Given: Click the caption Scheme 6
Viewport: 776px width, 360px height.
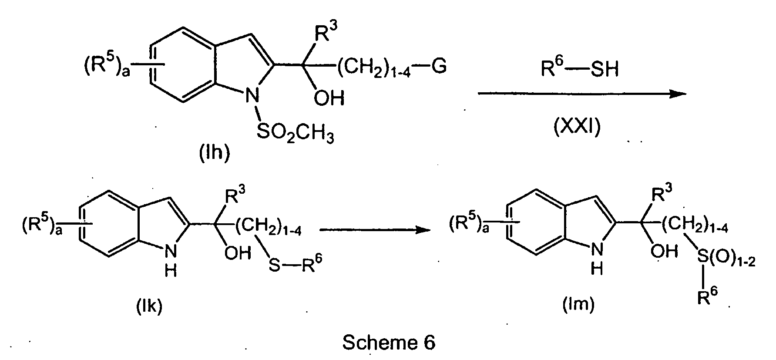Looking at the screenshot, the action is pyautogui.click(x=389, y=343).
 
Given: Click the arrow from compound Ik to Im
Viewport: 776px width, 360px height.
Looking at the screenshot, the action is pyautogui.click(x=372, y=230).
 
